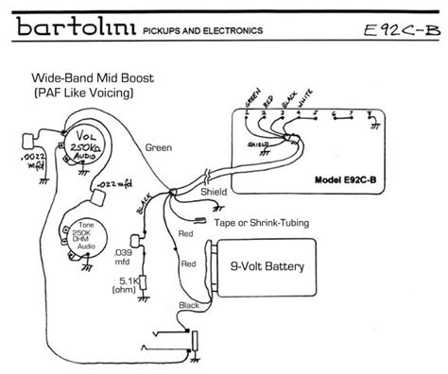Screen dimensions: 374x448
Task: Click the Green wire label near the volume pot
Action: click(x=159, y=147)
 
